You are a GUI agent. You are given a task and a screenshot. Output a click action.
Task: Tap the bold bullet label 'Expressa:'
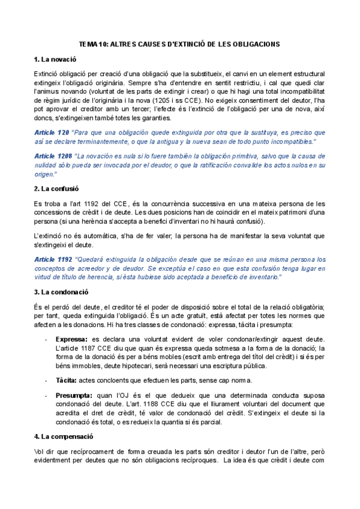pyautogui.click(x=70, y=339)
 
